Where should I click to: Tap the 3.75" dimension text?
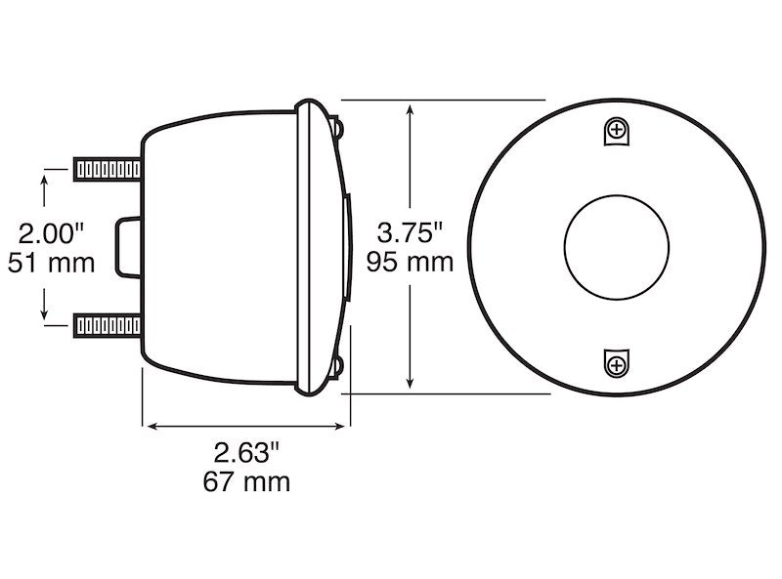tap(411, 232)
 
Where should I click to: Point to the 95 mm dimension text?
tap(411, 262)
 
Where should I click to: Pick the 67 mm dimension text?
tap(246, 481)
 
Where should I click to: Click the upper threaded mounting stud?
tap(106, 169)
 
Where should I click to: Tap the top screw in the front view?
tap(616, 130)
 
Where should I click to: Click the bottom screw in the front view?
tap(616, 364)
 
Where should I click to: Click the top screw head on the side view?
tap(338, 126)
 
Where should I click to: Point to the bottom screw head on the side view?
tap(338, 367)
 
